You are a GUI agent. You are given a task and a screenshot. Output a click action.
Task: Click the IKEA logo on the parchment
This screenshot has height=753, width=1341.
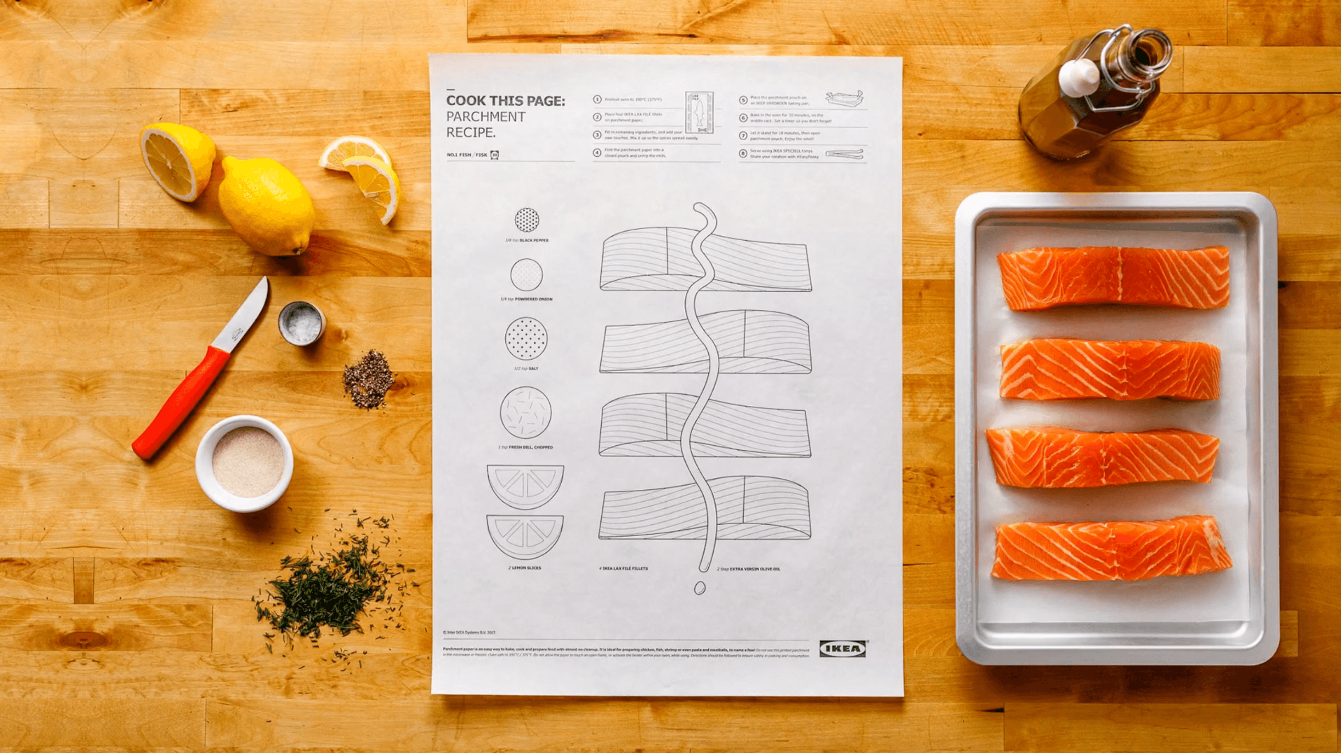842,648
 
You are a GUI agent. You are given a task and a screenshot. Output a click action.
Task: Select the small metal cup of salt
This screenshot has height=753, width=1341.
302,323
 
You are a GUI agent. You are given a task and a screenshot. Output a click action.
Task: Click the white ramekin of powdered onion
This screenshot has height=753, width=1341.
244,463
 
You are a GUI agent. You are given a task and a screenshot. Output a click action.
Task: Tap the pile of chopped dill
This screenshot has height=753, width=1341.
328,588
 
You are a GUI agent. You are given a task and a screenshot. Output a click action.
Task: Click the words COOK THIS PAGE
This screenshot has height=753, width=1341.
505,100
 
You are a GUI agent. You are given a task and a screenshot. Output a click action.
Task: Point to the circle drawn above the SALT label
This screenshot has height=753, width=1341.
526,339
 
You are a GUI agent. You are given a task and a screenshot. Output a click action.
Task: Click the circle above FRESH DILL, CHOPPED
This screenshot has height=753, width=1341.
525,412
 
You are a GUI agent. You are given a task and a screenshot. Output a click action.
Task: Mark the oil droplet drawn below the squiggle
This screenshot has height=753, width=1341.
699,587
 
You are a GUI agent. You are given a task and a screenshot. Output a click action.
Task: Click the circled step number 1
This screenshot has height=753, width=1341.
598,99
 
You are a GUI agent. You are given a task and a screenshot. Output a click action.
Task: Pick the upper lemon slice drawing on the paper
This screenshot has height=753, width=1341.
525,484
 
